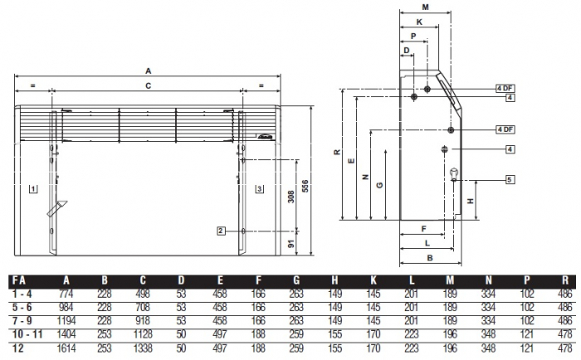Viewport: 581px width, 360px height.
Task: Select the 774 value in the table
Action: pyautogui.click(x=67, y=294)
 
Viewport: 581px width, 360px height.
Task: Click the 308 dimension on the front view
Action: pyautogui.click(x=290, y=197)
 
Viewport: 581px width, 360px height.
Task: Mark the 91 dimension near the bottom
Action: pyautogui.click(x=290, y=244)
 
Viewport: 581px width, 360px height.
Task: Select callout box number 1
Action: pyautogui.click(x=32, y=188)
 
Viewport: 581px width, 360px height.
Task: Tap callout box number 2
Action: pyautogui.click(x=221, y=230)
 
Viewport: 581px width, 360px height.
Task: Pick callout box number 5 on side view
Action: pyautogui.click(x=510, y=179)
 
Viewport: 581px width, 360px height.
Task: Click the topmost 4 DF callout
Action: pyautogui.click(x=505, y=88)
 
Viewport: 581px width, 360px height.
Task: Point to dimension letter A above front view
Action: pyautogui.click(x=149, y=71)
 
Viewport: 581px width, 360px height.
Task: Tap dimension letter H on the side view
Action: pyautogui.click(x=470, y=202)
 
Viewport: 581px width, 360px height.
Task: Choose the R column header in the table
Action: pyautogui.click(x=565, y=280)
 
